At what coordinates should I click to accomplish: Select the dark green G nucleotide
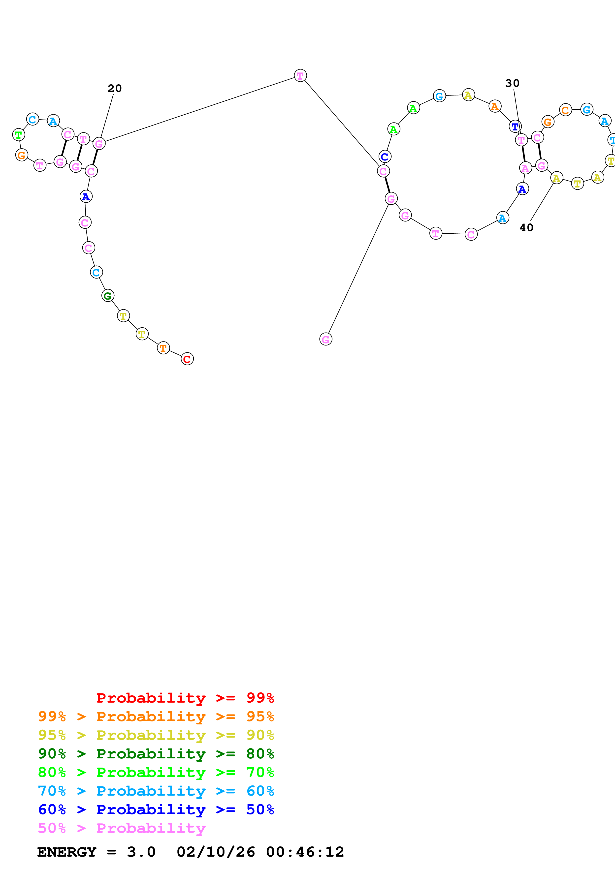[x=108, y=296]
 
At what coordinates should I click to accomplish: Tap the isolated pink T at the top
[x=300, y=76]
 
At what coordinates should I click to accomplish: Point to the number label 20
[x=114, y=89]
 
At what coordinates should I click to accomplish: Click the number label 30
[x=512, y=83]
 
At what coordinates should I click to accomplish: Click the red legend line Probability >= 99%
[x=185, y=698]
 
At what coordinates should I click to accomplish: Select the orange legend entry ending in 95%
[x=156, y=716]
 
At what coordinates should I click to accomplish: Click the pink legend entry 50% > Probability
[x=121, y=828]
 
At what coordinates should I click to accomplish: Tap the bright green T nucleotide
[x=19, y=134]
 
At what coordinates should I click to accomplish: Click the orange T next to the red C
[x=163, y=348]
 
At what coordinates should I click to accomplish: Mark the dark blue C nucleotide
[x=385, y=156]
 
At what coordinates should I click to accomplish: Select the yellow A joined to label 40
[x=556, y=178]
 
